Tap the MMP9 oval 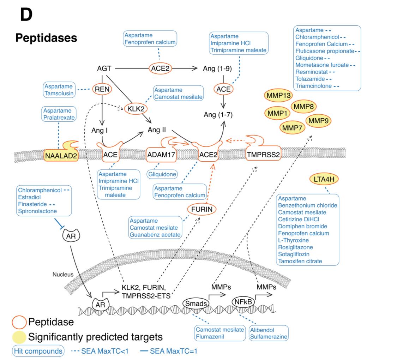click(318, 121)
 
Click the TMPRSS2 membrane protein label click(263, 154)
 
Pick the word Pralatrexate click(59, 117)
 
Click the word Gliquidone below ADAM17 click(162, 174)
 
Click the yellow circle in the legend click(19, 337)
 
